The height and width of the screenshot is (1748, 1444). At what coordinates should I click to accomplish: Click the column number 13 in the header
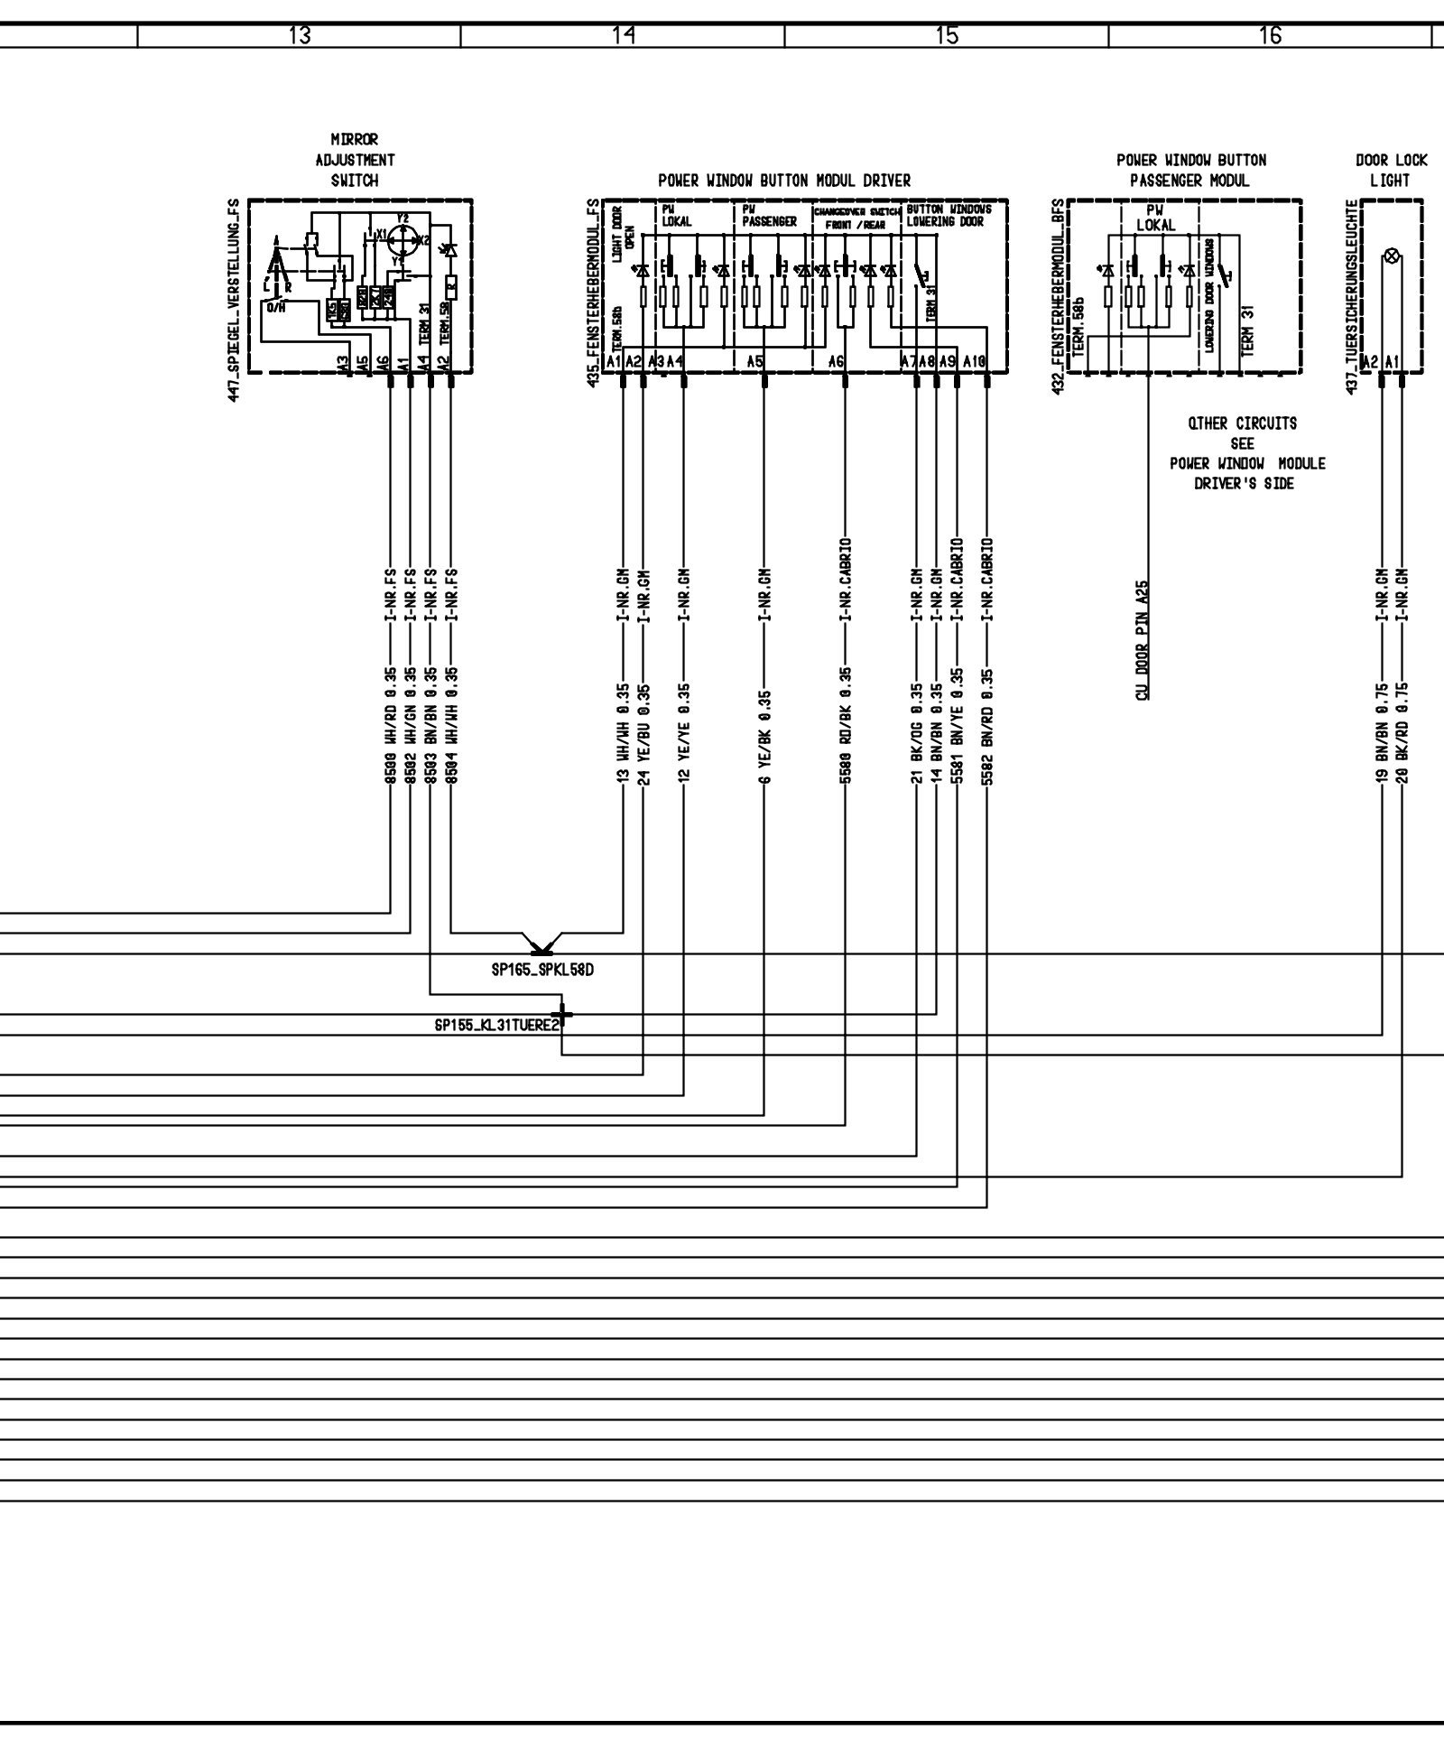coord(300,35)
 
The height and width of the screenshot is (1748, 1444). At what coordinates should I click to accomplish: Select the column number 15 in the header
coord(946,35)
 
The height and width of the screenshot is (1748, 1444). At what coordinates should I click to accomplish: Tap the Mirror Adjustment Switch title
coord(354,160)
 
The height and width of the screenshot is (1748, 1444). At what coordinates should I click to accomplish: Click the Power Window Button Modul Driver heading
coord(783,181)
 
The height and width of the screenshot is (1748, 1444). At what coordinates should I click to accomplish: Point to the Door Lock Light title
coord(1391,170)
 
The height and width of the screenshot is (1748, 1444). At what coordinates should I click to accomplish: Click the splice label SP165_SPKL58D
coord(542,972)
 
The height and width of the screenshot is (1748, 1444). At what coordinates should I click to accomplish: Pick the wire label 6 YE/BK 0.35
coord(765,736)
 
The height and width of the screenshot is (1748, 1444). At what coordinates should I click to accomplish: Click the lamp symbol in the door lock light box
coord(1391,257)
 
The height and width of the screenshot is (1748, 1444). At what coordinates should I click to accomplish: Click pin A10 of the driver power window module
coord(974,362)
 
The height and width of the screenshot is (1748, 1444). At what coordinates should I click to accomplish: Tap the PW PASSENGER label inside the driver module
coord(769,216)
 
